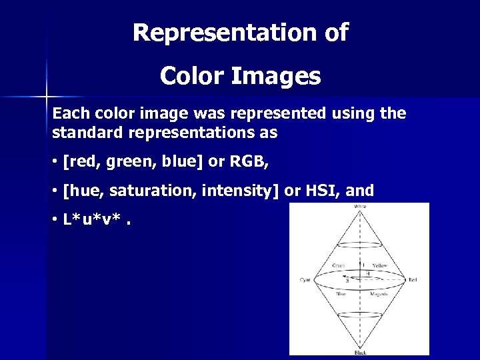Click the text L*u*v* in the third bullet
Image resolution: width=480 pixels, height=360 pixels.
pyautogui.click(x=91, y=221)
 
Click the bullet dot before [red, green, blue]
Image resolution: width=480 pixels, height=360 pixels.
pyautogui.click(x=54, y=162)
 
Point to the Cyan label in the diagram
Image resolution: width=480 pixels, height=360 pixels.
pyautogui.click(x=305, y=279)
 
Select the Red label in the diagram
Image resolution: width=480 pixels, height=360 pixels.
pyautogui.click(x=413, y=279)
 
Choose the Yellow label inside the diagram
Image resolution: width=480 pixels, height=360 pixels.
pyautogui.click(x=379, y=265)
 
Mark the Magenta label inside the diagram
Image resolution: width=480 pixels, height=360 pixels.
pyautogui.click(x=380, y=293)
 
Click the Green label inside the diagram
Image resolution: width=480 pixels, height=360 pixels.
pyautogui.click(x=339, y=265)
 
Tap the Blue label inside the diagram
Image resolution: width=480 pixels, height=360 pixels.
pyautogui.click(x=340, y=293)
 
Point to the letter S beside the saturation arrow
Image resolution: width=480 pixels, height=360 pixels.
pyautogui.click(x=348, y=281)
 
